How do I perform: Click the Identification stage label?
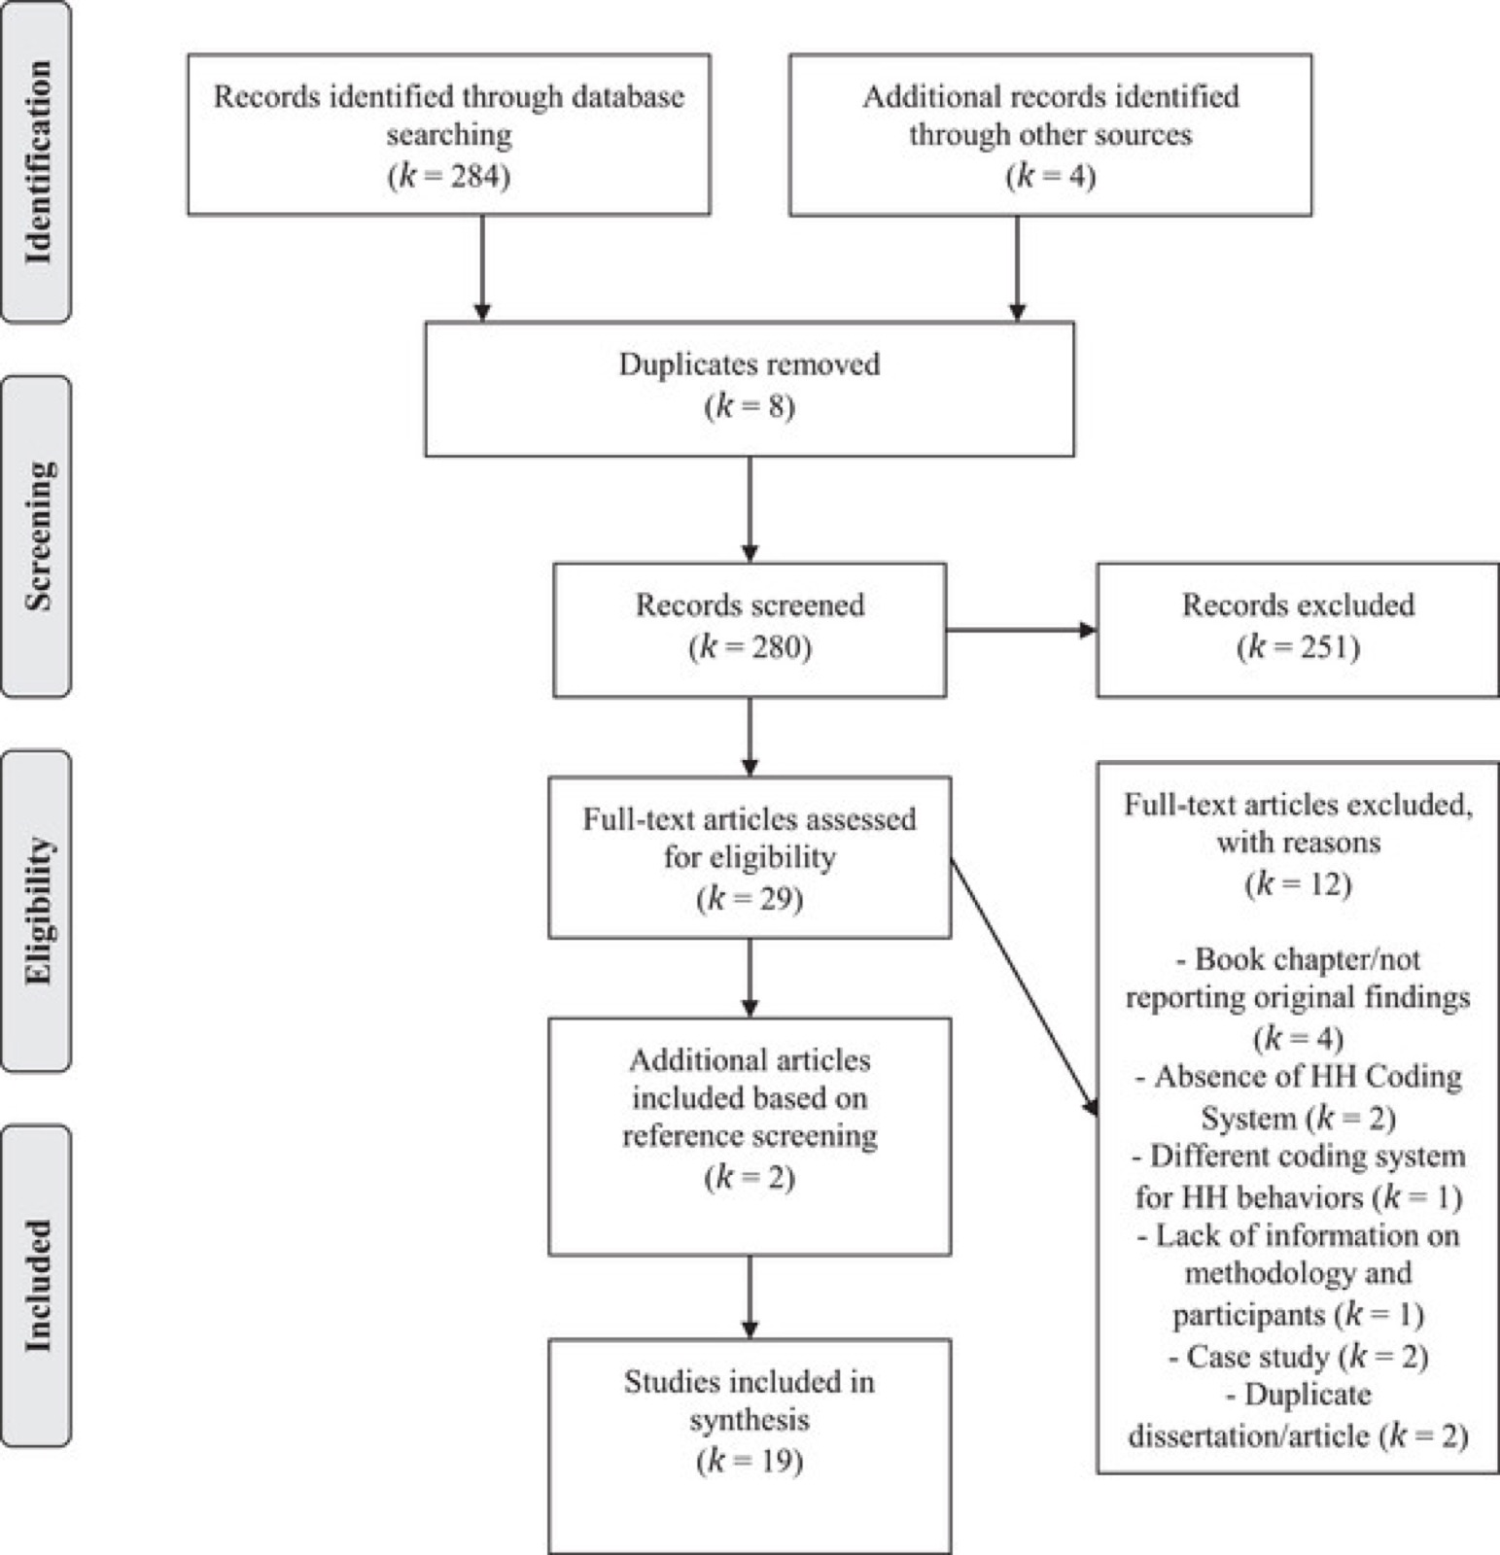37,162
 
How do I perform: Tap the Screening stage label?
37,536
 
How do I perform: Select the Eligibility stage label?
37,911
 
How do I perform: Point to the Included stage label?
37,1285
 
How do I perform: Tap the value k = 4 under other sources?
1051,177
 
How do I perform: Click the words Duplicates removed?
750,364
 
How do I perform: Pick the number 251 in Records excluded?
1323,647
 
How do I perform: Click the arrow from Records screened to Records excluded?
1021,630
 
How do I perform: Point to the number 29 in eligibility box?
775,899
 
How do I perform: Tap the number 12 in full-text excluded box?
1323,884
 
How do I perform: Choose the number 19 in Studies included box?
775,1462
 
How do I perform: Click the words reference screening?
750,1136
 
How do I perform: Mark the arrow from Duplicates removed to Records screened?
750,509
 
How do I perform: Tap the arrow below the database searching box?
482,267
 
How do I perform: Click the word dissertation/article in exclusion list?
1249,1436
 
